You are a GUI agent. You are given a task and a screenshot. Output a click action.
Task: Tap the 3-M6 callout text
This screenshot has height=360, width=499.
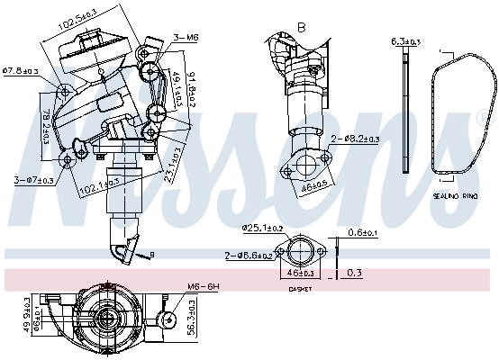pos(186,37)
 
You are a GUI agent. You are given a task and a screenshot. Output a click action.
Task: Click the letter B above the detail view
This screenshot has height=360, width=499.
pos(301,28)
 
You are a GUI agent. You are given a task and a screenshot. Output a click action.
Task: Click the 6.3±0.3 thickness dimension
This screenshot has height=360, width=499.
pos(405,41)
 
